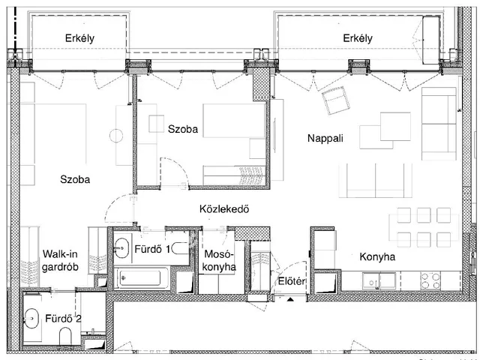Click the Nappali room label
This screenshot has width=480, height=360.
(325, 138)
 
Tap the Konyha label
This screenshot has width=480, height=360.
(377, 256)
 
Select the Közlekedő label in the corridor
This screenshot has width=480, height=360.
(224, 209)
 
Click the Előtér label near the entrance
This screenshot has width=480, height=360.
(292, 281)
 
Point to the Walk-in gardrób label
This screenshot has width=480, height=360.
(60, 260)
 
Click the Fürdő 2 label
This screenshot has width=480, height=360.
(63, 319)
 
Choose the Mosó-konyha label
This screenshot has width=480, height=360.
(220, 260)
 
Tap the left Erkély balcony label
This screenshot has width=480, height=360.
(79, 38)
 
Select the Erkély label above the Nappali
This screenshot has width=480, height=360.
(358, 38)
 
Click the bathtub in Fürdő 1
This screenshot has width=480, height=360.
(141, 278)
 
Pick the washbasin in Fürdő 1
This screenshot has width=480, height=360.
(121, 248)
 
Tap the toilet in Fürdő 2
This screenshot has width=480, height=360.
(65, 335)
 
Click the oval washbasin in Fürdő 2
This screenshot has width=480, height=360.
(31, 319)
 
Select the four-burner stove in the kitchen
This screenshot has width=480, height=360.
(430, 281)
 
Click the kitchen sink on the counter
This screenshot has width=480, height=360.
(379, 281)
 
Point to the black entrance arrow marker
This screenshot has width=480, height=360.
(290, 298)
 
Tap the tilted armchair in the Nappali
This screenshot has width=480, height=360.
(336, 100)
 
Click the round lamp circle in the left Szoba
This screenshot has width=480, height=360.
(116, 136)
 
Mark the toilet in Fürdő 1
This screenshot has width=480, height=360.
(181, 248)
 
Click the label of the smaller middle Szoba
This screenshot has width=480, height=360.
(183, 129)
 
